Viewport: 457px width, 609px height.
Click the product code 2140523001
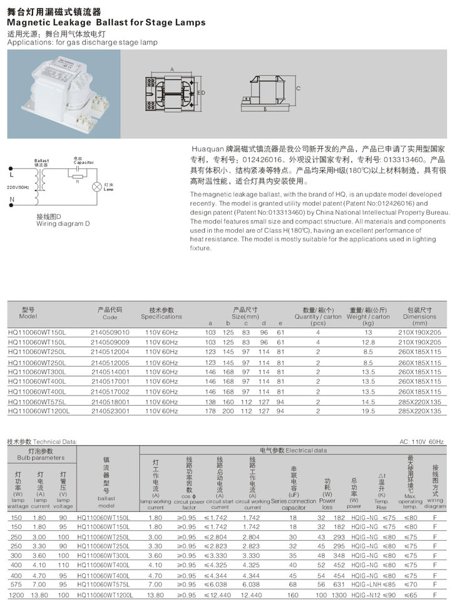click(110, 411)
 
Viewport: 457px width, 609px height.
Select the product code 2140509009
click(110, 342)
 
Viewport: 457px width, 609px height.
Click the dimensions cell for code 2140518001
click(419, 401)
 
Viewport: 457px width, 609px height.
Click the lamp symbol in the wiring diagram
click(97, 186)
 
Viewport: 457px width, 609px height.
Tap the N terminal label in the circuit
click(11, 200)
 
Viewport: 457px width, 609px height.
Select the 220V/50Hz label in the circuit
click(18, 187)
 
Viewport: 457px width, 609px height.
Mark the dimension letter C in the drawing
click(298, 89)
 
